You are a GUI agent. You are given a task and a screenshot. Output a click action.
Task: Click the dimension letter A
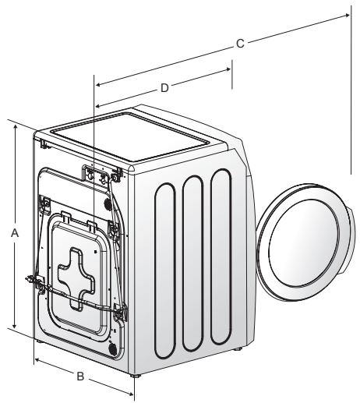click(15, 233)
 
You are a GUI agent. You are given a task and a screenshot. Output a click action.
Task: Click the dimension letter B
click(80, 376)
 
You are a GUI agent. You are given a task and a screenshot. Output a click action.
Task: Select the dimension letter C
click(240, 44)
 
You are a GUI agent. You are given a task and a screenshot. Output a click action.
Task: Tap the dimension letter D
click(164, 88)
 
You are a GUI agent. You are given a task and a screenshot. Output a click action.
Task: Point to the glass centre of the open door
click(304, 243)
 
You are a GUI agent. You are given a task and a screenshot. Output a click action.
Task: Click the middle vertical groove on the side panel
click(192, 263)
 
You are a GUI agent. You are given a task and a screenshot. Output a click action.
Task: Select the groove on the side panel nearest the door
click(221, 256)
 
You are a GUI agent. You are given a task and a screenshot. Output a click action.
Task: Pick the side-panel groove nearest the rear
click(165, 270)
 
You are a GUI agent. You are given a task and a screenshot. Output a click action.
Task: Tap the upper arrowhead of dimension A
click(15, 127)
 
